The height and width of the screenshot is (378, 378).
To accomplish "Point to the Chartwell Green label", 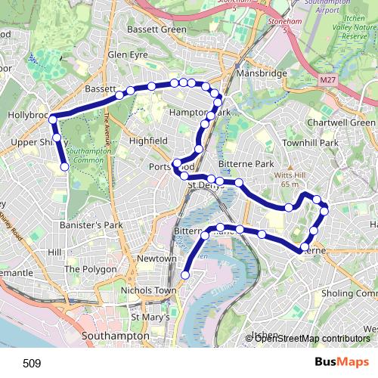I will [341, 122].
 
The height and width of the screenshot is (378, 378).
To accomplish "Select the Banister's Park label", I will [91, 225].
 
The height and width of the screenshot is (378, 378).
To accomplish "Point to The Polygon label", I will [90, 269].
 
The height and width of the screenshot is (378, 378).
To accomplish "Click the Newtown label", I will [156, 259].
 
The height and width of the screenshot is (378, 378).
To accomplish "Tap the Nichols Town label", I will [144, 290].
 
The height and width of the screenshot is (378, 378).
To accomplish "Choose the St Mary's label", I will [150, 318].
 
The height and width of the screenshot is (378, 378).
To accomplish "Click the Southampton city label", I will [114, 335].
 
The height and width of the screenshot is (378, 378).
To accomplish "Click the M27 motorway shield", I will [327, 79].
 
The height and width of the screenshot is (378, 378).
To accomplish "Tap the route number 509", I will [32, 363].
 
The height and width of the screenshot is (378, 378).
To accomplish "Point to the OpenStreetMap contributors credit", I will [311, 339].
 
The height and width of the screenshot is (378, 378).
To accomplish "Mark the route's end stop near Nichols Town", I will [185, 274].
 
